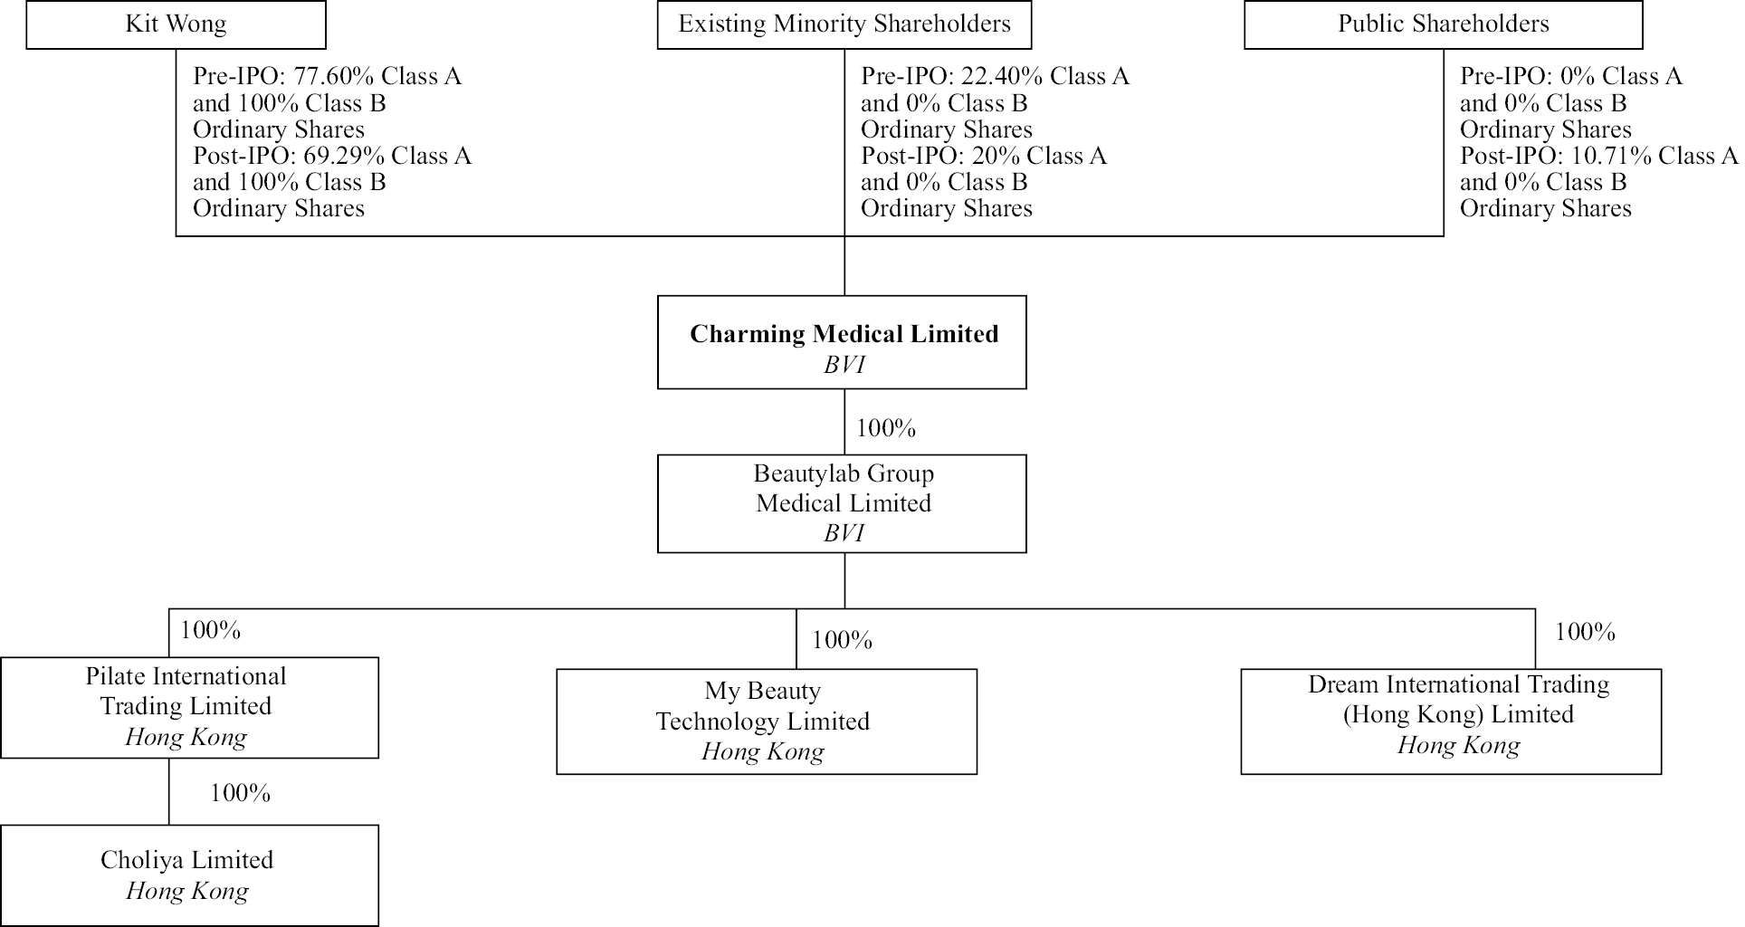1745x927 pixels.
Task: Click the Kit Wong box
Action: (176, 24)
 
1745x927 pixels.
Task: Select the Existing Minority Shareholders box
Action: (844, 24)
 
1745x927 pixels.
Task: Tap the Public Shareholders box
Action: (1443, 24)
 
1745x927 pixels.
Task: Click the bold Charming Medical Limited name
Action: (844, 334)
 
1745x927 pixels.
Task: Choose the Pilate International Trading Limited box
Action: (188, 707)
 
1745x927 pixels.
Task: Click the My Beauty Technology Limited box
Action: (766, 722)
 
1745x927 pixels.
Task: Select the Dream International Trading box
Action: (1450, 722)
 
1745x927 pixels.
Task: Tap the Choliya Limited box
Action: (188, 874)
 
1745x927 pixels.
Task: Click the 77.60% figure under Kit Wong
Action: (327, 77)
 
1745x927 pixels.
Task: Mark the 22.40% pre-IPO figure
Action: (995, 77)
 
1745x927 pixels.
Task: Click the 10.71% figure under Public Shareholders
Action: (1601, 157)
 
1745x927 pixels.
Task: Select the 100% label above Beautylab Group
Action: (886, 428)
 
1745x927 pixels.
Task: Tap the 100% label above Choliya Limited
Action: (240, 794)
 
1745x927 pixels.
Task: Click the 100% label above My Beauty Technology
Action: (842, 641)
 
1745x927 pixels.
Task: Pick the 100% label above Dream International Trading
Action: (1584, 632)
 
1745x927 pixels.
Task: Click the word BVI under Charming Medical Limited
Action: (844, 365)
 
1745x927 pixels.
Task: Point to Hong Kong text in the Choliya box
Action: (187, 892)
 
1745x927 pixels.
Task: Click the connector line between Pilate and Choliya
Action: (169, 791)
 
